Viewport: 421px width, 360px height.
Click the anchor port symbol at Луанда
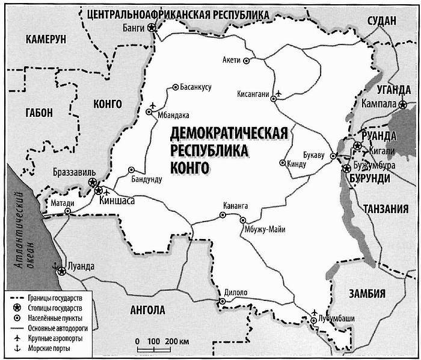click(55, 265)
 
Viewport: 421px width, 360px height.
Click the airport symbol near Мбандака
click(151, 104)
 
